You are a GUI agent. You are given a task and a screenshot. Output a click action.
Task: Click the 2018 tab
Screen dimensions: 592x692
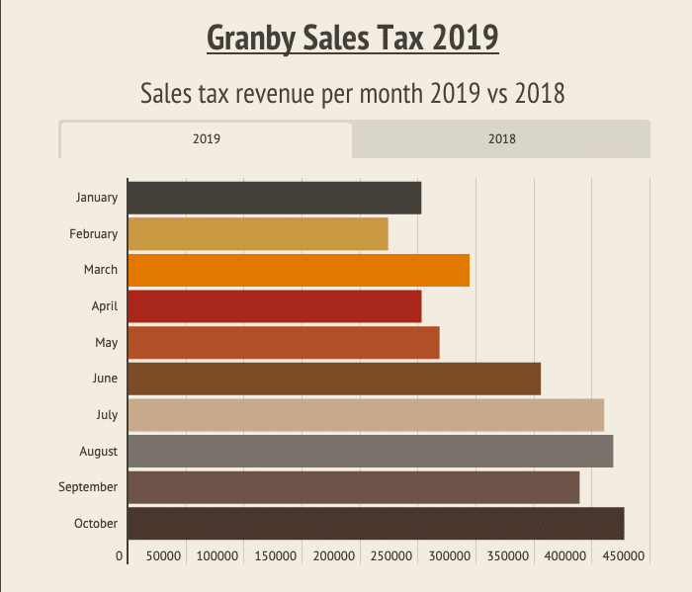coord(501,139)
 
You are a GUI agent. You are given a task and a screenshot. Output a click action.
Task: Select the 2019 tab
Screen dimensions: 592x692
coord(206,139)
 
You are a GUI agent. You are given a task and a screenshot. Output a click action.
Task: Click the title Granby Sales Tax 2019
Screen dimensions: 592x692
coord(352,39)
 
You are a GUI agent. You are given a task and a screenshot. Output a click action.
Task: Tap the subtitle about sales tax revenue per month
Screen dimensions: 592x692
coord(352,94)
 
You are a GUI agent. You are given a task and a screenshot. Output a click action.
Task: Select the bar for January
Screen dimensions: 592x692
coord(274,198)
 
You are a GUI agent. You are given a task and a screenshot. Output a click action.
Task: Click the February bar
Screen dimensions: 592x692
coord(257,234)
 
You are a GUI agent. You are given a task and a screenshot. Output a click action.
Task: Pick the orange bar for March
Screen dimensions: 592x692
coord(298,270)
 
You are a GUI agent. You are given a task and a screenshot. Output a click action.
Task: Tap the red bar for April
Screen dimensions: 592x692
coord(274,306)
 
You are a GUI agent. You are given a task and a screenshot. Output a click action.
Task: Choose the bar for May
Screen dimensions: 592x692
coord(283,342)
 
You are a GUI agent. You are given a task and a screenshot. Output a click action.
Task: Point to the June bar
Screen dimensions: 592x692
coord(334,379)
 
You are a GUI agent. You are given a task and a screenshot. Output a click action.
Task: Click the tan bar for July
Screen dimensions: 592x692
coord(366,415)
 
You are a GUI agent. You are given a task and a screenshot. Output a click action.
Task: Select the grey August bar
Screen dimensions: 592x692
coord(370,451)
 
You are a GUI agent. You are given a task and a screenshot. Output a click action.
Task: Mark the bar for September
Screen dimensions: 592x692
coord(353,487)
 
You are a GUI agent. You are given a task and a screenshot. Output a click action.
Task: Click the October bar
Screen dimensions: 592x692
coord(376,524)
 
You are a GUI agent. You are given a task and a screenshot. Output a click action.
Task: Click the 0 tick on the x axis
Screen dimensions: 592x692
coord(120,556)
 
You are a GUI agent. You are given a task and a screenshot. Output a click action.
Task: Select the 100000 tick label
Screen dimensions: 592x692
coord(218,556)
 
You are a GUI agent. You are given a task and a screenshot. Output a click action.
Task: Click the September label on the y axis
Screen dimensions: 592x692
coord(88,487)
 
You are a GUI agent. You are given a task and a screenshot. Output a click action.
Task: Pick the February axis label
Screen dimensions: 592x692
coord(93,234)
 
